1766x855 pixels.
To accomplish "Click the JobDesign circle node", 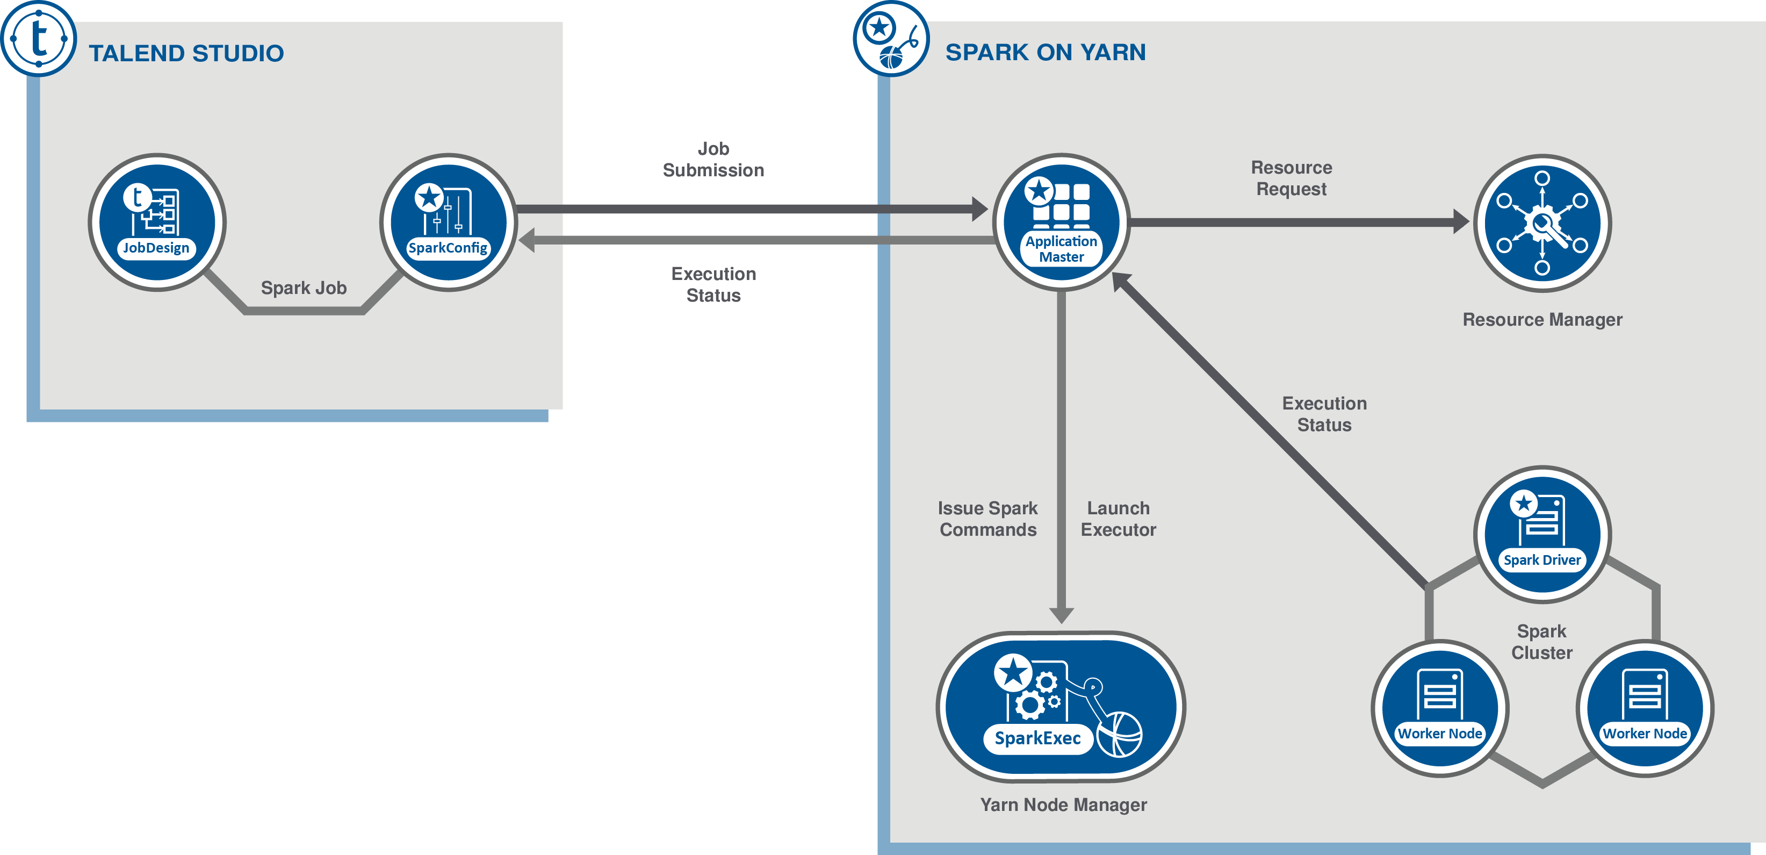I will point(157,222).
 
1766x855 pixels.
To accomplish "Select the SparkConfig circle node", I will point(449,222).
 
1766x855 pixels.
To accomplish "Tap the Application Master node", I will point(1061,222).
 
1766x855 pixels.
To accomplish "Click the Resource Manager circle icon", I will point(1542,223).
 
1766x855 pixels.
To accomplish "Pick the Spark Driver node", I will point(1542,534).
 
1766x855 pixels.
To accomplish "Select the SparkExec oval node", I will point(1061,707).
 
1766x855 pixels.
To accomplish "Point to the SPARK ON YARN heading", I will point(1045,52).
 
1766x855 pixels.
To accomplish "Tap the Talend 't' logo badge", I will point(38,38).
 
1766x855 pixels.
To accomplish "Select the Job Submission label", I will point(713,160).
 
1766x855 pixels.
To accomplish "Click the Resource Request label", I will point(1291,178).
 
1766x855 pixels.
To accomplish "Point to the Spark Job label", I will point(304,288).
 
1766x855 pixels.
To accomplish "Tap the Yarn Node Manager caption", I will point(1063,804).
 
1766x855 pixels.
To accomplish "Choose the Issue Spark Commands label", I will point(988,519).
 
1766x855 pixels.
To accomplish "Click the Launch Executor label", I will point(1118,519).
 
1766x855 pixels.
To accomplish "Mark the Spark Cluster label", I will point(1542,642).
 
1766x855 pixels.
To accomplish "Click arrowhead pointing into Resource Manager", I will point(1461,221).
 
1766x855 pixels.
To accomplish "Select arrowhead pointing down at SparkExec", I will point(1061,614).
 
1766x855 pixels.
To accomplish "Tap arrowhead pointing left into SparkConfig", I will point(527,240).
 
